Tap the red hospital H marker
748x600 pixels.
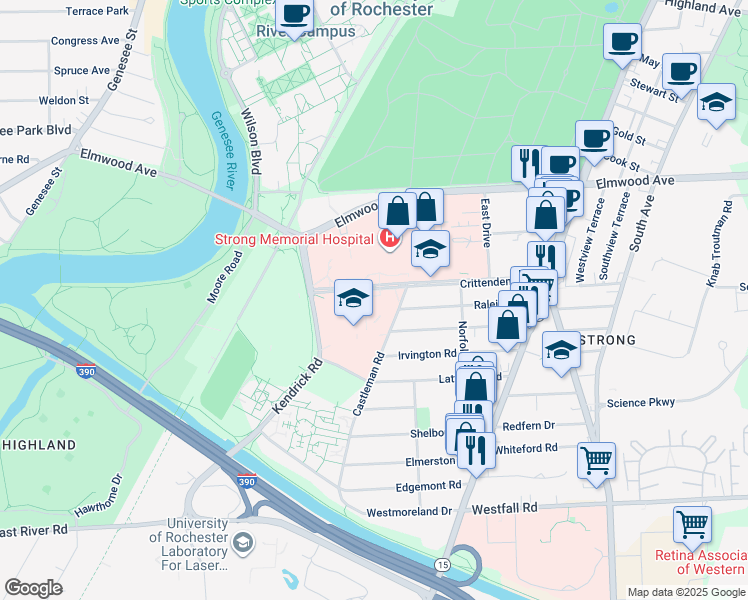tap(388, 238)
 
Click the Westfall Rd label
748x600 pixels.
tap(507, 507)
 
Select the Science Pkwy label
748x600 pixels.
tap(641, 403)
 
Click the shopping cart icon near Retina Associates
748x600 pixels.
tap(691, 523)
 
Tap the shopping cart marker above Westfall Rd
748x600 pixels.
tap(596, 460)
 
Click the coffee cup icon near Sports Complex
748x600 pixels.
tap(295, 13)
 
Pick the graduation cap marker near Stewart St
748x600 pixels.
tap(716, 101)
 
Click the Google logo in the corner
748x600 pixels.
tap(33, 588)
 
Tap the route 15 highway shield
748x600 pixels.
tap(441, 566)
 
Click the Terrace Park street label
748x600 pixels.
tap(97, 12)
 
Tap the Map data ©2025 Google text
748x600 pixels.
tap(685, 592)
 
